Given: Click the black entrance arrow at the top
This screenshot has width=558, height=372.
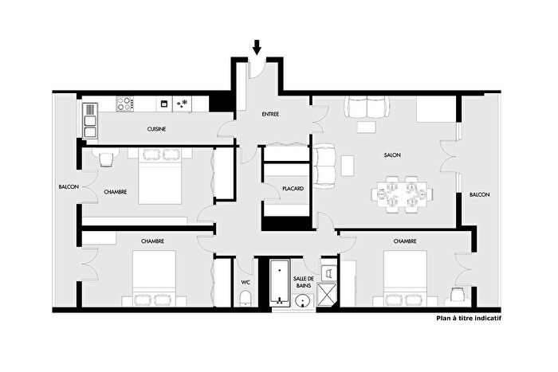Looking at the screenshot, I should coord(257,47).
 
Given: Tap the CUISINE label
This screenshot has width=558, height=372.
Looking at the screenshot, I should coord(156,129).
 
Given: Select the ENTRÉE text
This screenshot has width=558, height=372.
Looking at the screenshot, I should coord(270,115).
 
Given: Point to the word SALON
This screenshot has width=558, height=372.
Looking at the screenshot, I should coord(391,155).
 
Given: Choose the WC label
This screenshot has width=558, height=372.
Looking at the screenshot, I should coord(246,282).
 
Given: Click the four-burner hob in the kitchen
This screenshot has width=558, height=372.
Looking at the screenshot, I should coord(125,104).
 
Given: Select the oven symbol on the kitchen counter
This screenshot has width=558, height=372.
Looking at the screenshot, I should coord(163,104).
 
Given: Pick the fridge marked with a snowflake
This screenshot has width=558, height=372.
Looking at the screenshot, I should coord(183,104).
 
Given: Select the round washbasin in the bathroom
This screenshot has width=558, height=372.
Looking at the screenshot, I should coord(302,300).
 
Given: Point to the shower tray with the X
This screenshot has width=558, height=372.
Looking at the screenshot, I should coord(328,296).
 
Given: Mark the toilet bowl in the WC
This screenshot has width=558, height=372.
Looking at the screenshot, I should coord(246,299).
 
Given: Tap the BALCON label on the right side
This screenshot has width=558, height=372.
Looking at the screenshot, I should coord(479,195).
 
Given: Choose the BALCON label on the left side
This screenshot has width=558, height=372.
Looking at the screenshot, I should coord(68,187).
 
